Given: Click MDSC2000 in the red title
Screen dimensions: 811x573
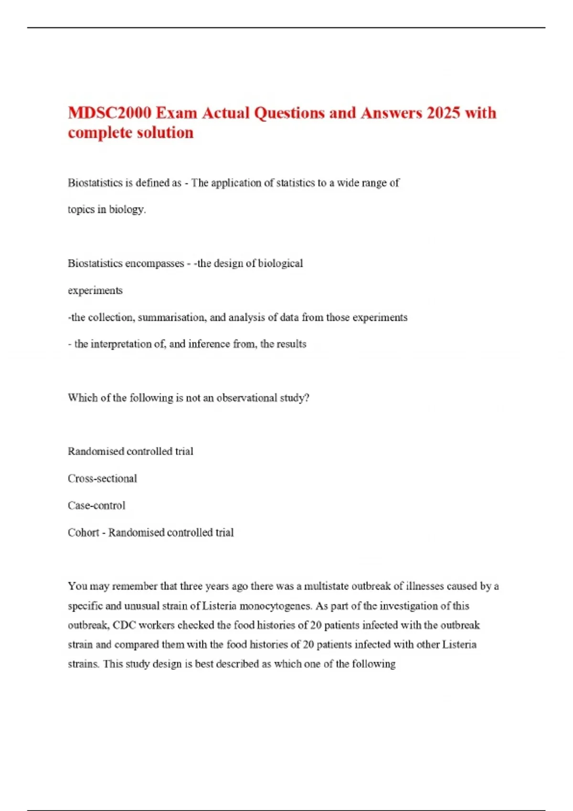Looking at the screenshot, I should click(x=109, y=113).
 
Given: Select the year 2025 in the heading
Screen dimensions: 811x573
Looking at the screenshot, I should click(x=444, y=113).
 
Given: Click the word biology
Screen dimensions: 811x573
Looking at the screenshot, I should click(x=127, y=209).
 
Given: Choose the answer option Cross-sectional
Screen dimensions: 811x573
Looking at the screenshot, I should click(x=102, y=478).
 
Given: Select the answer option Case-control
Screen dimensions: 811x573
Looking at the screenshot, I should click(x=96, y=506).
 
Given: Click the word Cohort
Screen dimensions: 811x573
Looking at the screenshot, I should click(x=83, y=532).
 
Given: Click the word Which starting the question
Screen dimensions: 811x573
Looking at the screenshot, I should click(x=82, y=398).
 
